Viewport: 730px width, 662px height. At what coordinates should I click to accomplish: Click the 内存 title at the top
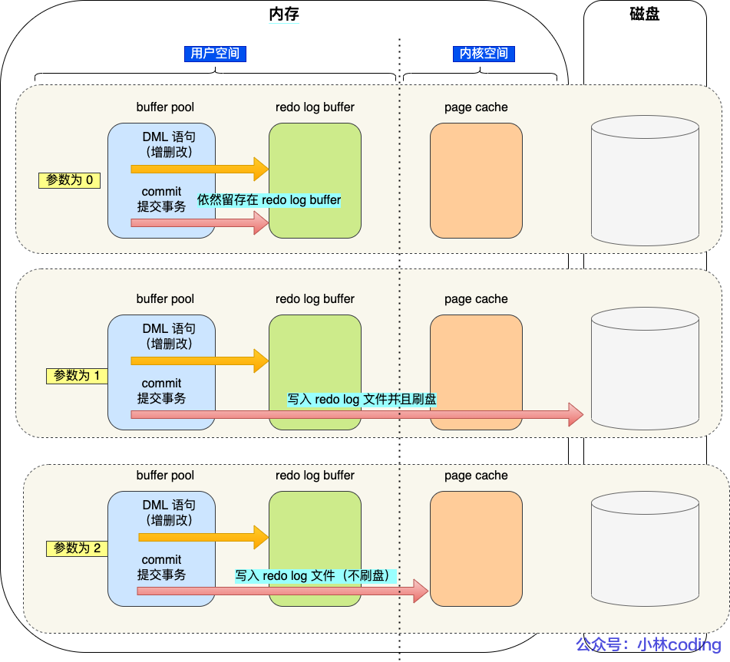click(x=283, y=15)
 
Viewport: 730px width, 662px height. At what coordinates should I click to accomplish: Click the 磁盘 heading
click(x=644, y=15)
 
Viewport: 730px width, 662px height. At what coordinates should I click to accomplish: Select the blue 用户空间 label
click(x=215, y=54)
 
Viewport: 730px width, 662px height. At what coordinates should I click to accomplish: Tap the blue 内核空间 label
click(x=484, y=54)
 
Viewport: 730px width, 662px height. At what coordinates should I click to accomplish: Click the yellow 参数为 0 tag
click(x=70, y=180)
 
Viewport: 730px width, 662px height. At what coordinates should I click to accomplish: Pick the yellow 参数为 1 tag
click(x=77, y=376)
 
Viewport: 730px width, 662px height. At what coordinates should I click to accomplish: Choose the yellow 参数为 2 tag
click(x=77, y=548)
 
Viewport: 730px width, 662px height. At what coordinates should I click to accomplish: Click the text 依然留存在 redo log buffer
click(x=269, y=200)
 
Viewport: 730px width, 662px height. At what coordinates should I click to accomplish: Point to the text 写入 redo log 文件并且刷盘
click(x=362, y=399)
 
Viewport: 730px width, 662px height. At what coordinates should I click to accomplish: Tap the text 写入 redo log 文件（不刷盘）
click(x=315, y=575)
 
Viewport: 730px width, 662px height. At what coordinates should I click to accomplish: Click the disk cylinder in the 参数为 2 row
click(x=645, y=548)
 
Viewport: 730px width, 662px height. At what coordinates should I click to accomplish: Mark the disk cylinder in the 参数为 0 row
click(x=645, y=180)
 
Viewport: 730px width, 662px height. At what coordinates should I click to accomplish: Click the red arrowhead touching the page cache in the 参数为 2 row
click(x=420, y=591)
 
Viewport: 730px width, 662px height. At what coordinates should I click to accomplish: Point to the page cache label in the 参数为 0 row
click(x=476, y=107)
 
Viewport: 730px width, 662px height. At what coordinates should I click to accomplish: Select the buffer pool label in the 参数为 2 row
click(x=165, y=476)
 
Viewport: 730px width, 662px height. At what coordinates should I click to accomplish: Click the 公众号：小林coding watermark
click(x=649, y=644)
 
